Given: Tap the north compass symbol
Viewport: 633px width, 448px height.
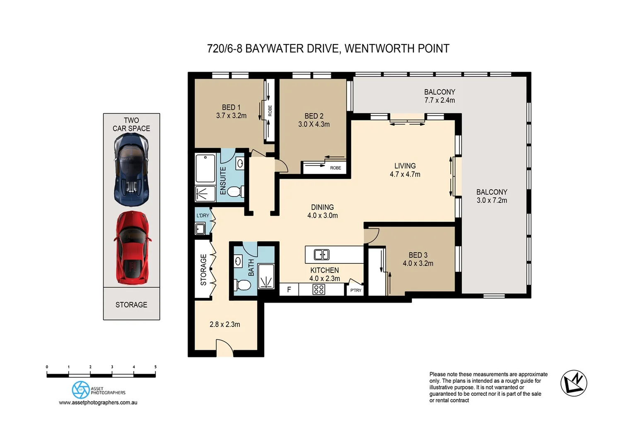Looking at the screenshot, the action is pyautogui.click(x=574, y=383).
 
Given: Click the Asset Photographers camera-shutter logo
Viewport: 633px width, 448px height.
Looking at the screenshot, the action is pyautogui.click(x=81, y=390).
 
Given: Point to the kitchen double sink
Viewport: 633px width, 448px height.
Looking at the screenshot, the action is pyautogui.click(x=321, y=254).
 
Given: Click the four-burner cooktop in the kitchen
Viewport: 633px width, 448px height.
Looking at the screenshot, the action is pyautogui.click(x=319, y=289).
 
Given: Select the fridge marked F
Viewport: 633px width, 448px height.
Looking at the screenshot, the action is pyautogui.click(x=289, y=290).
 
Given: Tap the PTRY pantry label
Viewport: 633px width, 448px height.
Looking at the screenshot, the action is pyautogui.click(x=356, y=290).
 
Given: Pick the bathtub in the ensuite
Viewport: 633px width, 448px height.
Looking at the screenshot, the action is pyautogui.click(x=205, y=168).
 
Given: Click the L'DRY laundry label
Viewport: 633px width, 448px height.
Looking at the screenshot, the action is pyautogui.click(x=203, y=215).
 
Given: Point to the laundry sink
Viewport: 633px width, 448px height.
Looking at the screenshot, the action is pyautogui.click(x=200, y=229).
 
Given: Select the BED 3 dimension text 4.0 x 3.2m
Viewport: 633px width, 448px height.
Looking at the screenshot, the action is pyautogui.click(x=418, y=263).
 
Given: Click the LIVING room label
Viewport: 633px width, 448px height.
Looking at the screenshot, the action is pyautogui.click(x=405, y=166).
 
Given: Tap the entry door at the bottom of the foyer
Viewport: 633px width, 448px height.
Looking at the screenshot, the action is pyautogui.click(x=225, y=348).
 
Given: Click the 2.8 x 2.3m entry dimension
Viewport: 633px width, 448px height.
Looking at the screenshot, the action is pyautogui.click(x=225, y=324).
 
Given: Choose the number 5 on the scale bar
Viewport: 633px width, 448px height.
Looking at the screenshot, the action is pyautogui.click(x=155, y=367).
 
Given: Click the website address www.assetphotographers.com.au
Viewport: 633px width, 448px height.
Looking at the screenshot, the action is pyautogui.click(x=98, y=402).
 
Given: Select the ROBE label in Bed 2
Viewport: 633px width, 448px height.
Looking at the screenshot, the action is pyautogui.click(x=336, y=168).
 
